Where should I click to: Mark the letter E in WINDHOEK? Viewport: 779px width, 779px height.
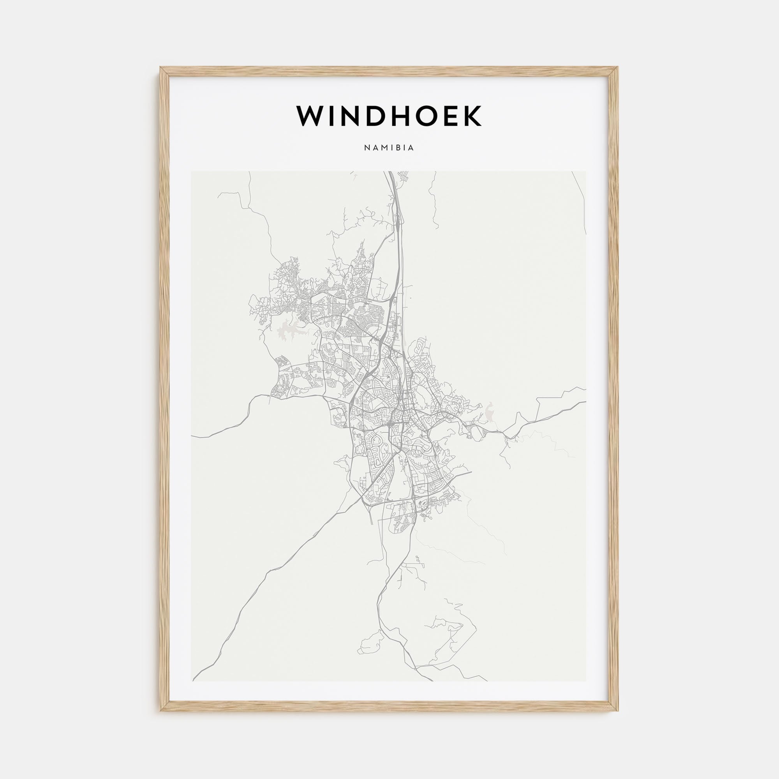point(458,116)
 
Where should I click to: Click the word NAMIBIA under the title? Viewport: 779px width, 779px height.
point(389,148)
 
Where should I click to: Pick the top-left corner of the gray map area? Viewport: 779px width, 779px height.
point(192,171)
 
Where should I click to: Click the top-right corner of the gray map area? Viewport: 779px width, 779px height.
point(586,171)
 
